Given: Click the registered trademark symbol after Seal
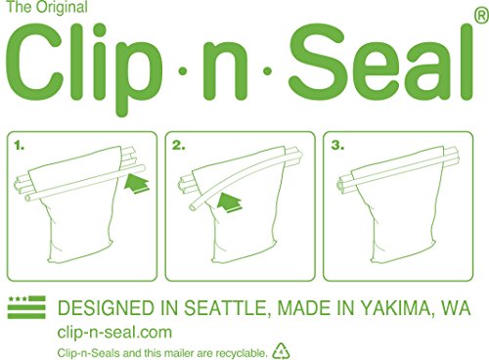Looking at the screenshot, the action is [482, 16].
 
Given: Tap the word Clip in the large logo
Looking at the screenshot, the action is [84, 67].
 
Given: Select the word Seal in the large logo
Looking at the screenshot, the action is [380, 63].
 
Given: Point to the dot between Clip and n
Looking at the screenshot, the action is [183, 70].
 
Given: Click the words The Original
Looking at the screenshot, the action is [47, 7].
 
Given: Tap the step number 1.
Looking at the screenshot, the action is [19, 146].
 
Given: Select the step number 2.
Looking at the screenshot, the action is [179, 146].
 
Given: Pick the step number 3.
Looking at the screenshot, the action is [337, 146].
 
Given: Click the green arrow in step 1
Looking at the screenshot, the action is [137, 184].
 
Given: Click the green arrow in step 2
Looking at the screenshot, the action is [230, 202].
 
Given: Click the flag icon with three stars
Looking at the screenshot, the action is [26, 307].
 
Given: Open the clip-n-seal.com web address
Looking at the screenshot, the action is [114, 333].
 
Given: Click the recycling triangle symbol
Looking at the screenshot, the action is [281, 351].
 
